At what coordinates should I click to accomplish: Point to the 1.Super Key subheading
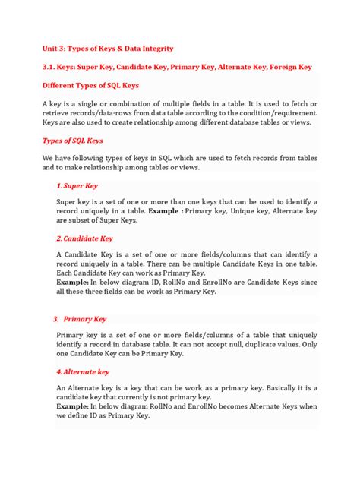[77, 185]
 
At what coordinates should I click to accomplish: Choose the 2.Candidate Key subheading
[84, 238]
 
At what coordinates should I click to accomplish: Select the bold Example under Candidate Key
[74, 280]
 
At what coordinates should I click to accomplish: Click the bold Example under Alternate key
[74, 406]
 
